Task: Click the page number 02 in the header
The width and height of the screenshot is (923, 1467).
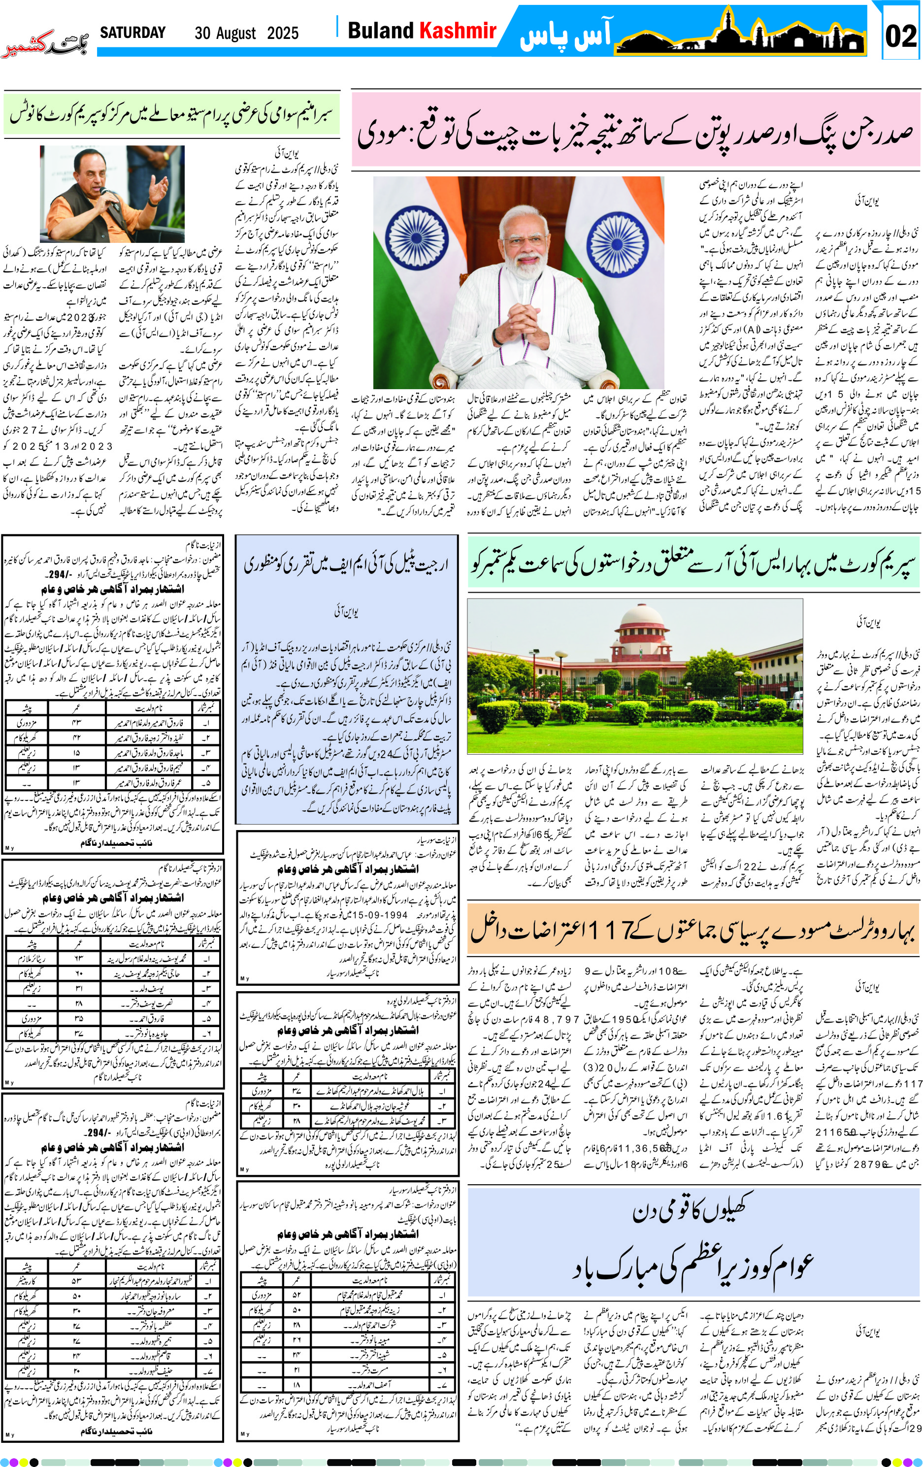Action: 900,36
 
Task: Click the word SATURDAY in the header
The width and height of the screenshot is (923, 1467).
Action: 133,33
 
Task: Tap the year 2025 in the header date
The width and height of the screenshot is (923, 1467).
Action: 283,33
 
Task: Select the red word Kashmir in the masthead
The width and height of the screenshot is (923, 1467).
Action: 458,31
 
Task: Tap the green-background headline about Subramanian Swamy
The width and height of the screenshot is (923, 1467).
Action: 171,113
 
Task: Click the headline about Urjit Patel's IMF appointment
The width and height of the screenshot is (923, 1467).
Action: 346,564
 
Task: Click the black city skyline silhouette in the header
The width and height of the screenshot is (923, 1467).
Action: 740,39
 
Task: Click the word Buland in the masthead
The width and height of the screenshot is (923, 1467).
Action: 380,31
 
